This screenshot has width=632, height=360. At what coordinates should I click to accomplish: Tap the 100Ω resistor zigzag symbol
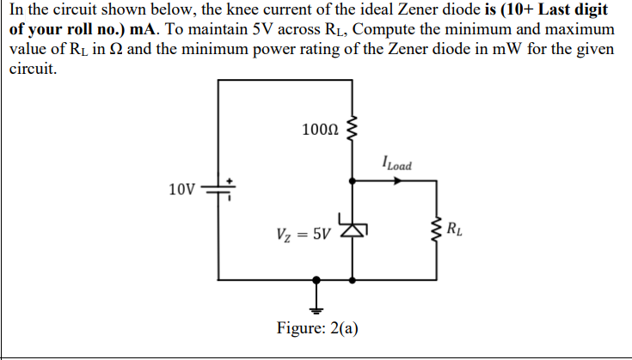[351, 131]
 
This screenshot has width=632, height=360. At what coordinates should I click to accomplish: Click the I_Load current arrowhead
[398, 181]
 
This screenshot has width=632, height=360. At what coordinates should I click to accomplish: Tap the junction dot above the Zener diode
[353, 181]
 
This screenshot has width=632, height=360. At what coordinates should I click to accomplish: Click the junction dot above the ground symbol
[316, 279]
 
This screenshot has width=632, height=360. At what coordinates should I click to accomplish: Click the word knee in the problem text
[207, 9]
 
